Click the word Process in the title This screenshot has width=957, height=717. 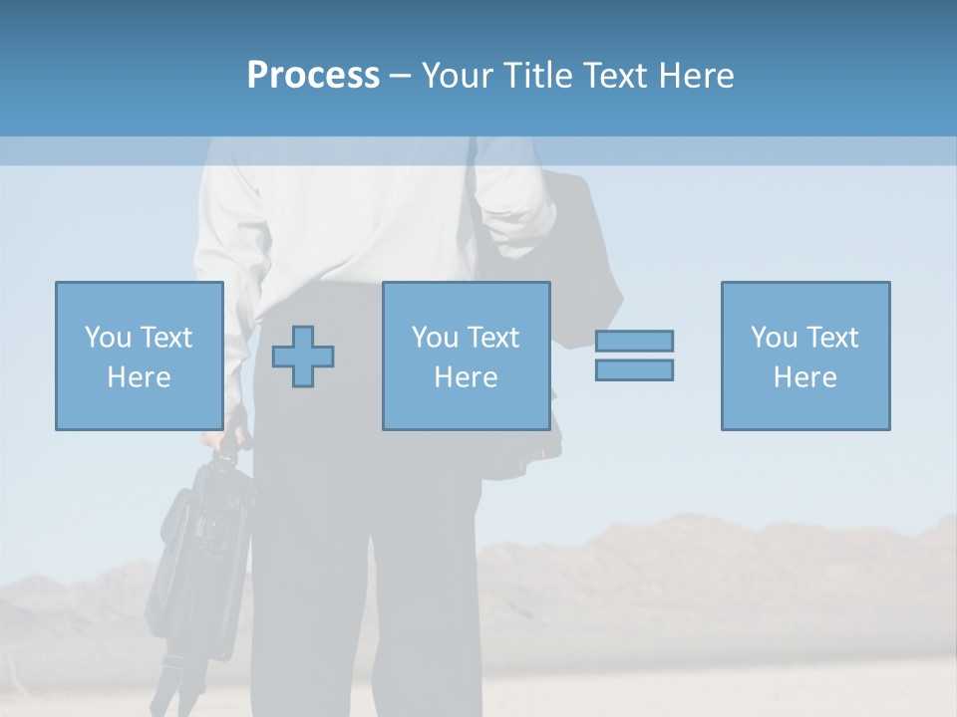[x=313, y=76]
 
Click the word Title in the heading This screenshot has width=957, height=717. [x=535, y=76]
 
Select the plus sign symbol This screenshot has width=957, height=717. [x=303, y=357]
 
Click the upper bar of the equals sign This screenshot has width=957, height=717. [x=634, y=341]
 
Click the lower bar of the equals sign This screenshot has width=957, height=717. [x=634, y=370]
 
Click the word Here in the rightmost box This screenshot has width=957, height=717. [x=804, y=377]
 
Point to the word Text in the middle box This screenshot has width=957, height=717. [x=492, y=338]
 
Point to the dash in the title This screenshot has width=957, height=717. [x=400, y=76]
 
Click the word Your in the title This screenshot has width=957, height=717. [x=459, y=76]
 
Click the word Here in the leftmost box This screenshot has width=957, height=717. [x=139, y=377]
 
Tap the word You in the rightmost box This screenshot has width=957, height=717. [x=775, y=338]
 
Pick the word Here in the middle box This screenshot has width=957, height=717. [x=466, y=377]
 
